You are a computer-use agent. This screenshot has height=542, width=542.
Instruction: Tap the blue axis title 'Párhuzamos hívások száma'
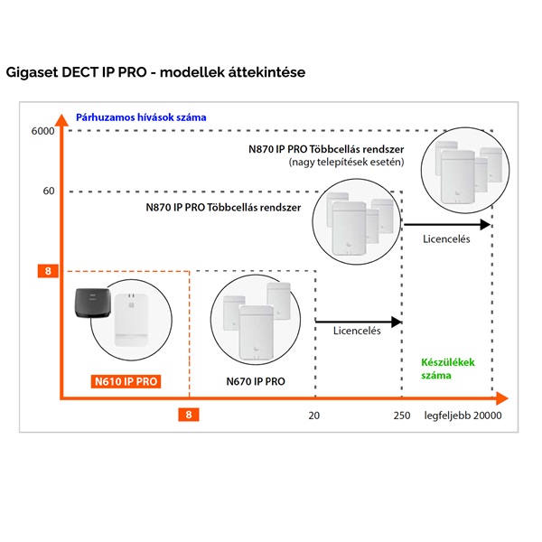(x=141, y=117)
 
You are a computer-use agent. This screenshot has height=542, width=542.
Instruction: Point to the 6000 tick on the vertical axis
(x=43, y=132)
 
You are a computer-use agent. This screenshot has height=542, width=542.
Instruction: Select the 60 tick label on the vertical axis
(x=49, y=192)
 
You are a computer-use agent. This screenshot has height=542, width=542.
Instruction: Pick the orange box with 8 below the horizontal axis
(x=188, y=416)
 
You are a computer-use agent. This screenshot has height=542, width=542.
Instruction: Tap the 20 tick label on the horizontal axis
(x=314, y=416)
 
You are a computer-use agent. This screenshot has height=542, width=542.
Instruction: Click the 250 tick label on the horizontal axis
(x=402, y=416)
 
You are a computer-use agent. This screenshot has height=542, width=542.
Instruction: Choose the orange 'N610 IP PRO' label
(x=126, y=381)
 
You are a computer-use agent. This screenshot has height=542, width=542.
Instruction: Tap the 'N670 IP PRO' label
(x=256, y=381)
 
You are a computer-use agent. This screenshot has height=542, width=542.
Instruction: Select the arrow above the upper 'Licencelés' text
(x=448, y=224)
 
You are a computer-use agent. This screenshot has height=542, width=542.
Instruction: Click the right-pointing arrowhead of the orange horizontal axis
(x=503, y=397)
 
